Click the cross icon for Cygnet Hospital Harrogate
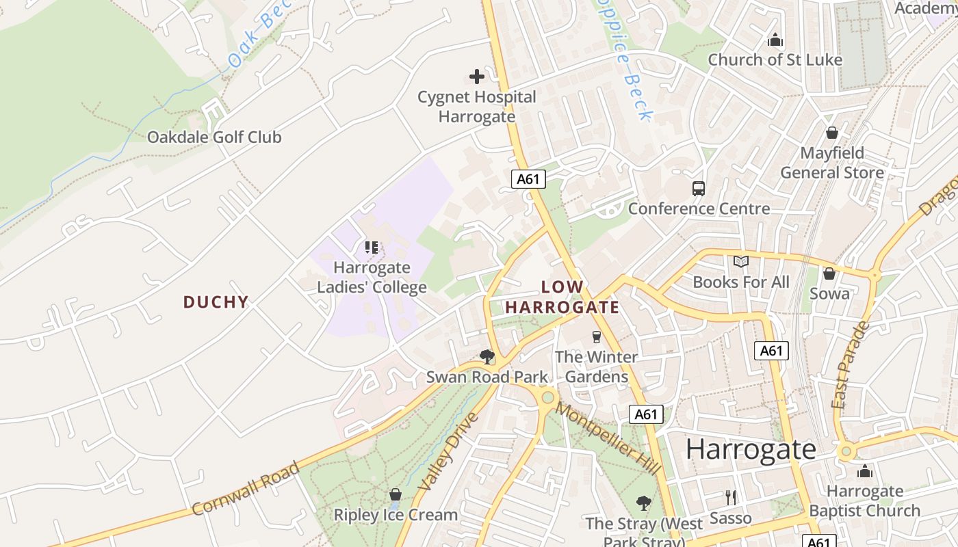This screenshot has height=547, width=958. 477,77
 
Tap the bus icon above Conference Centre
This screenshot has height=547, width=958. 699,189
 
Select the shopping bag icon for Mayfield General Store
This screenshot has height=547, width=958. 832,133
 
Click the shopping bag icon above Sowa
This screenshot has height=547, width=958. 829,273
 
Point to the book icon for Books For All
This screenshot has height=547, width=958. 741,261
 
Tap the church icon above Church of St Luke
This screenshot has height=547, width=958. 775,40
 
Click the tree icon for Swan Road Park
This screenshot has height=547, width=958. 487,356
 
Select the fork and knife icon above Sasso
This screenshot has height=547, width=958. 731,498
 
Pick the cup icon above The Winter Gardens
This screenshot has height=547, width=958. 596,336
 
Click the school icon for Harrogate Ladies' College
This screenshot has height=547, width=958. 372,248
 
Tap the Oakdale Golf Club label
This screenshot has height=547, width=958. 214,137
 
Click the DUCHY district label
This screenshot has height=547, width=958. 216,302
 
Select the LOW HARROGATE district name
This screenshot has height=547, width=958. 562,297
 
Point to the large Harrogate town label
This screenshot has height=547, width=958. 751,449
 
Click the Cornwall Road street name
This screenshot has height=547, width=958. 246,489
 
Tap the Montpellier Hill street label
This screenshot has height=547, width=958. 608,438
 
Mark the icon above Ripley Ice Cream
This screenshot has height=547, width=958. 395,494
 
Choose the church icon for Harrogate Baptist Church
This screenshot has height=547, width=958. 865,471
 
